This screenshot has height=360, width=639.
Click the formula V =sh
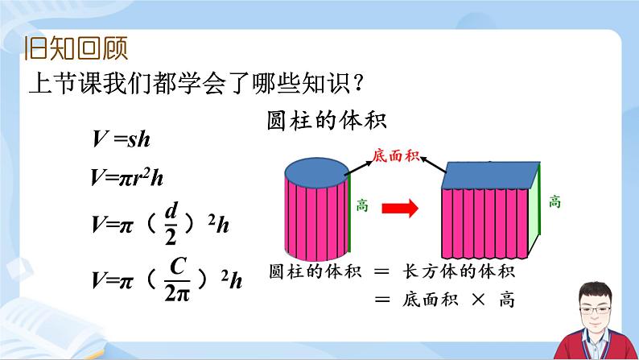click(122, 139)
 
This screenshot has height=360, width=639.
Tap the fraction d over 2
click(171, 222)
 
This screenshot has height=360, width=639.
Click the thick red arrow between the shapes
click(399, 209)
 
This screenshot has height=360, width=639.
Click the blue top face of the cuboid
click(492, 175)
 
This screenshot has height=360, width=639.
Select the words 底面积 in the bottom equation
click(428, 300)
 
